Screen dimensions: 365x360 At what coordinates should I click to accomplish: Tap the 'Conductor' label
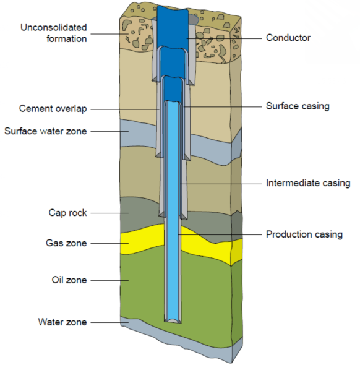point(288,38)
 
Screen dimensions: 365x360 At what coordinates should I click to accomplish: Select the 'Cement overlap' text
point(53,109)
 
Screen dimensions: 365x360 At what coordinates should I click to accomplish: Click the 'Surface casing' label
point(297,106)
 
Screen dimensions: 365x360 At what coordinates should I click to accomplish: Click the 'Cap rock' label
point(67,213)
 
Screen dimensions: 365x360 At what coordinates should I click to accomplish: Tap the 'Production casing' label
point(304,234)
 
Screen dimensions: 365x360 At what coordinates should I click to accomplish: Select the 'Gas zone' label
point(67,243)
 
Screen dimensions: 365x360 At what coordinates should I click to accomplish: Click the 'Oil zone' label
point(69,280)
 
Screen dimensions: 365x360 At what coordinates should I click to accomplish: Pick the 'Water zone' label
point(62,322)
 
